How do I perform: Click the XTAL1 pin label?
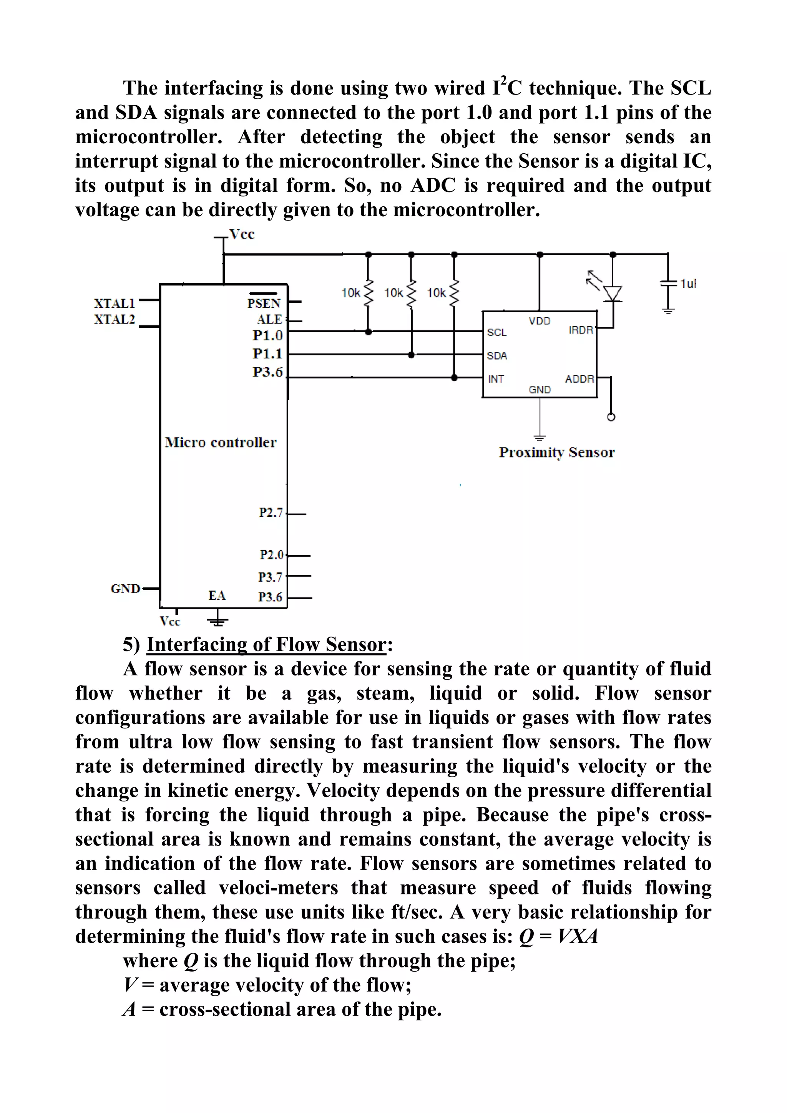(114, 304)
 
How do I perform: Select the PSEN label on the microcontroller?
(264, 303)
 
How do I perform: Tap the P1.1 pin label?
(267, 353)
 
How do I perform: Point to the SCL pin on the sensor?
(496, 333)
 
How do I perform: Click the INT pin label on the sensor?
(496, 379)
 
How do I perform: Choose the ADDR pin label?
(579, 379)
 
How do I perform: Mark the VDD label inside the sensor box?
(539, 321)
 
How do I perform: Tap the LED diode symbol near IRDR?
(613, 293)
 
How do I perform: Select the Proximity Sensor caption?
(557, 452)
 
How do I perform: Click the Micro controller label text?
(221, 442)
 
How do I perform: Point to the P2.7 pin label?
(271, 513)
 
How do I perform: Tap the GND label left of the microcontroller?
(125, 589)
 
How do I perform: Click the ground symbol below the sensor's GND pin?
(540, 437)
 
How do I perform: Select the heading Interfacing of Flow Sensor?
(266, 644)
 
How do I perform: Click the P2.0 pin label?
(271, 554)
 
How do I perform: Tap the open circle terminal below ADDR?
(611, 417)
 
